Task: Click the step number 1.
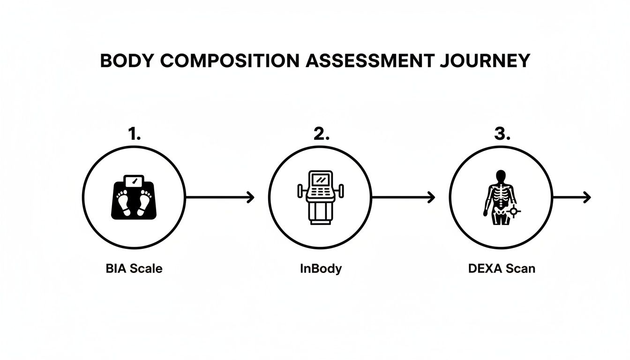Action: (x=134, y=135)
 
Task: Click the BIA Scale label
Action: (x=134, y=269)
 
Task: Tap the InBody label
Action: (x=321, y=269)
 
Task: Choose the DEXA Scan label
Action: (x=501, y=269)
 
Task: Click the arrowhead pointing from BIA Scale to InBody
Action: (x=251, y=197)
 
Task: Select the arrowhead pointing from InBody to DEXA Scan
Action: (x=432, y=197)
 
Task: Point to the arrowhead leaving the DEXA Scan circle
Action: (x=587, y=197)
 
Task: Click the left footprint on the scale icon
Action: (x=124, y=203)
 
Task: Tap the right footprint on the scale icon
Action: (x=144, y=203)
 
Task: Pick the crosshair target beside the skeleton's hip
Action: (x=514, y=211)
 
